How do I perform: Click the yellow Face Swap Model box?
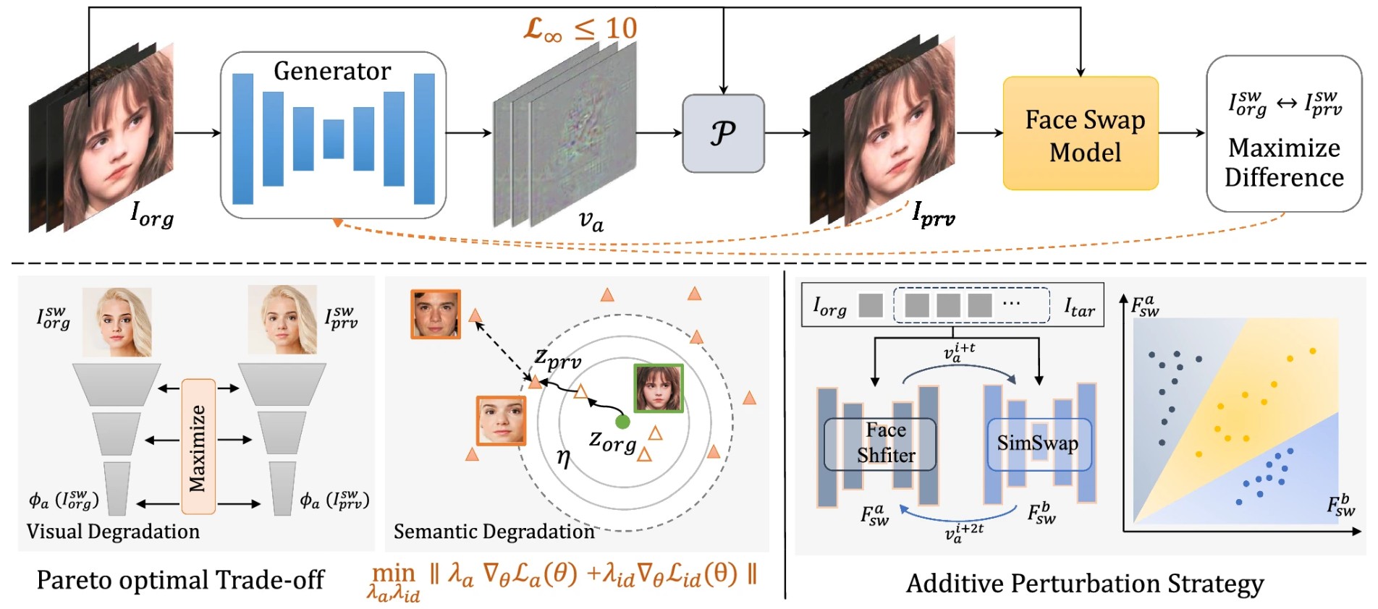pos(1081,134)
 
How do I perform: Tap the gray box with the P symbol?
pos(723,134)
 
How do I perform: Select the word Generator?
pos(332,71)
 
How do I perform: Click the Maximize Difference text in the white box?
pos(1284,163)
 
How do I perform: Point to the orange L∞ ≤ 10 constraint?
pos(580,29)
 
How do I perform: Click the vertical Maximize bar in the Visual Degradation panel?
pos(198,446)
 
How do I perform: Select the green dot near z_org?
pos(622,422)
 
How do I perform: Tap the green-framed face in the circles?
pos(659,388)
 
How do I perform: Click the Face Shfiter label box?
pos(880,443)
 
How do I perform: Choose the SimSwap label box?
pos(1039,443)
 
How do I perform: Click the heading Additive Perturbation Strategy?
pos(1084,584)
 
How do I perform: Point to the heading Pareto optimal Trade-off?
pos(180,580)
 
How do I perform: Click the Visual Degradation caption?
pos(114,532)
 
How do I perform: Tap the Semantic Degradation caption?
pos(494,532)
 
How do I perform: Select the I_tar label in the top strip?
pos(1079,307)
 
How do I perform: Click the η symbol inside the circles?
pos(564,457)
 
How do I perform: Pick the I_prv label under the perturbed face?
pos(934,215)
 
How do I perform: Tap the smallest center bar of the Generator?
pos(334,139)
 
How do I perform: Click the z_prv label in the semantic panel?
pos(558,358)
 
